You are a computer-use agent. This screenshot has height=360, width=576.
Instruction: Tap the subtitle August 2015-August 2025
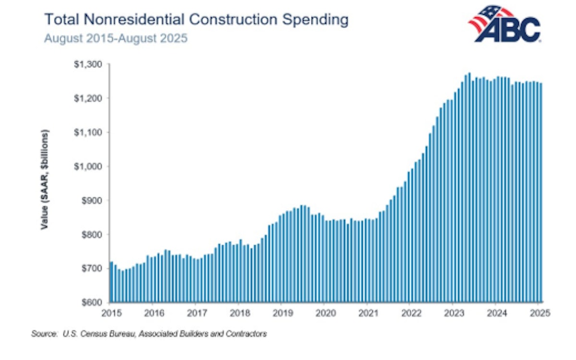116,38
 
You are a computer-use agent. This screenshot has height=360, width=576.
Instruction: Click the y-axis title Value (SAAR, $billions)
45,179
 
